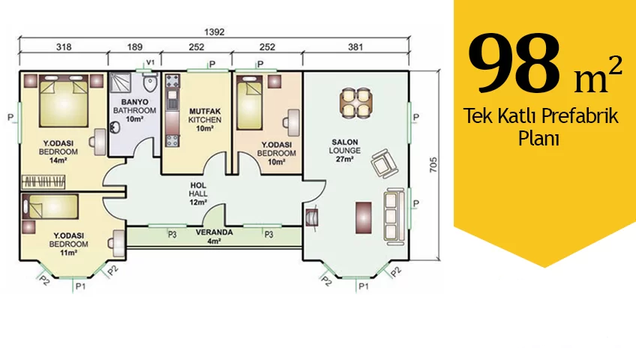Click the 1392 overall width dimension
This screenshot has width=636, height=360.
214,32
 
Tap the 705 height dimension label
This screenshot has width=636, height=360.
433,165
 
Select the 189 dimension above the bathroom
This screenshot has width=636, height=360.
135,47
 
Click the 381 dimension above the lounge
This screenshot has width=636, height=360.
355,47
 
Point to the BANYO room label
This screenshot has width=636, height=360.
135,102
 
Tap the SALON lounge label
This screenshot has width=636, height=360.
345,142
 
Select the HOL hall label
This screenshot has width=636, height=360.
198,185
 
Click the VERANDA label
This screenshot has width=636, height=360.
214,232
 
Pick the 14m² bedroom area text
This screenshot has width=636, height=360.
58,160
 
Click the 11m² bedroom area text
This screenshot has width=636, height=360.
68,253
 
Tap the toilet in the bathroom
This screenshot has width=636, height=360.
150,83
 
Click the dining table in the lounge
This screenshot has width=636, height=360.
356,103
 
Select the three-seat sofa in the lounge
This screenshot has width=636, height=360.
394,216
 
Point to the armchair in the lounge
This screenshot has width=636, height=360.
384,163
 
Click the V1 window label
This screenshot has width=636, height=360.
151,62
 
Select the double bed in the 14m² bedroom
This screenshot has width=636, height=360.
64,100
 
